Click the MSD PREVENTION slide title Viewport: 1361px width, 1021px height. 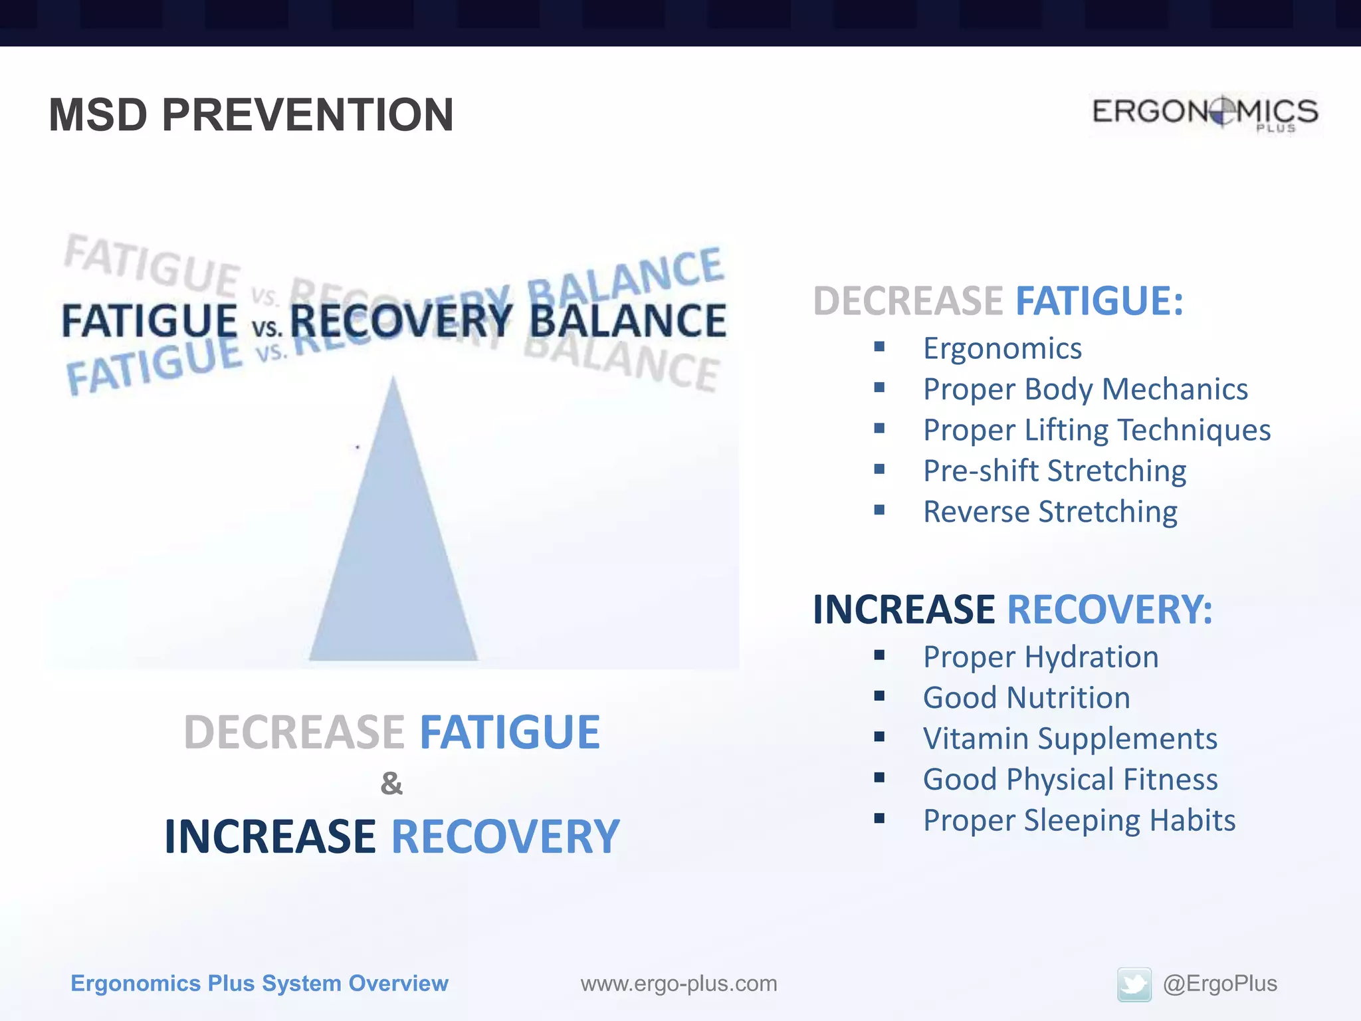(x=251, y=114)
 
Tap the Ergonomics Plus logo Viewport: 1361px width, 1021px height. (x=1205, y=113)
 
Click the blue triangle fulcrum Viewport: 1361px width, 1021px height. (x=393, y=545)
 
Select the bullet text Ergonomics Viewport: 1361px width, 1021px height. (x=1002, y=348)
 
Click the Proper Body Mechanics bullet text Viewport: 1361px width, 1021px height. (x=1085, y=390)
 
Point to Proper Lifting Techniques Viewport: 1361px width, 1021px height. (x=1097, y=430)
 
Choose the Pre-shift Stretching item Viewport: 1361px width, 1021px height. (x=1055, y=471)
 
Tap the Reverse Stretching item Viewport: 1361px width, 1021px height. (x=1050, y=512)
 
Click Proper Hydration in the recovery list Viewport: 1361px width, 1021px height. (x=1041, y=657)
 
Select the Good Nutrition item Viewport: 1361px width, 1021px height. (x=1026, y=698)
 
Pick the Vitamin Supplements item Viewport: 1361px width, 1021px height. (x=1070, y=738)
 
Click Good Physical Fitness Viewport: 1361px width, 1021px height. (x=1070, y=779)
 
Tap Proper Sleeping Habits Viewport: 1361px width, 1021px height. (x=1079, y=820)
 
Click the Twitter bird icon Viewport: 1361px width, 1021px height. (x=1134, y=984)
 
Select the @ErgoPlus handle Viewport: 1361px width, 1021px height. (x=1219, y=983)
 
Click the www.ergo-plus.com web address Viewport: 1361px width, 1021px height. (x=679, y=983)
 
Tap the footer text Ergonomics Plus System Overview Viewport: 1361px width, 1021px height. (x=259, y=983)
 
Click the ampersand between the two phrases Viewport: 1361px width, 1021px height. (x=391, y=784)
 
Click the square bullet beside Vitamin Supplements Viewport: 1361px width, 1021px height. (x=879, y=737)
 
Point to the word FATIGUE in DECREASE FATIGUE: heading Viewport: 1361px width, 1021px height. (x=1099, y=301)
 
